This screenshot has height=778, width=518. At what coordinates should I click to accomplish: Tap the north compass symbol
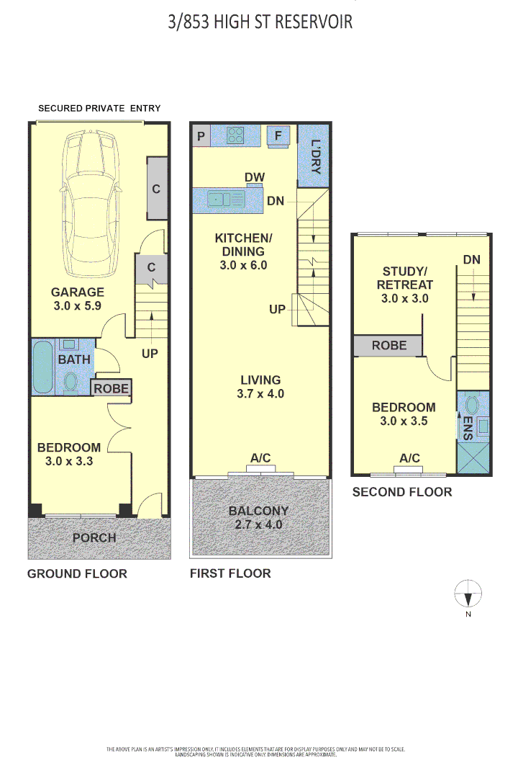click(x=468, y=596)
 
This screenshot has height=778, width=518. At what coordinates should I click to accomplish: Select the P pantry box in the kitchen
click(x=201, y=135)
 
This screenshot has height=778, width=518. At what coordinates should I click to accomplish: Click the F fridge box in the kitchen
click(x=278, y=135)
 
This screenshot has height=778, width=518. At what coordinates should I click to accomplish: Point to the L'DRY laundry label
click(x=315, y=157)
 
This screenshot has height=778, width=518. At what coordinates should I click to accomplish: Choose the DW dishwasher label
click(x=254, y=177)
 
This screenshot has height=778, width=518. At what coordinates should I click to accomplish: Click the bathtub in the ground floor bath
click(x=42, y=368)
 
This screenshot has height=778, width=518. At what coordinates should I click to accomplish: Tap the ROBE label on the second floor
click(x=388, y=346)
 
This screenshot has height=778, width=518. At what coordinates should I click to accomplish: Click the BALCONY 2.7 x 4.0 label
click(x=259, y=518)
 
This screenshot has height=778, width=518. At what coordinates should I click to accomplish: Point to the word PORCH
click(x=94, y=538)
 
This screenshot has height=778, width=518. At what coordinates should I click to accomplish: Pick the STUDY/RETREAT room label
click(x=404, y=285)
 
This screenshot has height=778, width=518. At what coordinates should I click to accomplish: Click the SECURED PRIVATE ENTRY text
click(x=99, y=108)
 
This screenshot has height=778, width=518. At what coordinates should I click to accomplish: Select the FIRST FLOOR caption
click(x=230, y=573)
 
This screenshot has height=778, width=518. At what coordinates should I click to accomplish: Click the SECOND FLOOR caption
click(x=401, y=492)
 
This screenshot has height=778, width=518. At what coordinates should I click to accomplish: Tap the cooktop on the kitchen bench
click(x=236, y=135)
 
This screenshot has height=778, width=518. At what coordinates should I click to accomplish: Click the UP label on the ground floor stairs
click(x=150, y=354)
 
